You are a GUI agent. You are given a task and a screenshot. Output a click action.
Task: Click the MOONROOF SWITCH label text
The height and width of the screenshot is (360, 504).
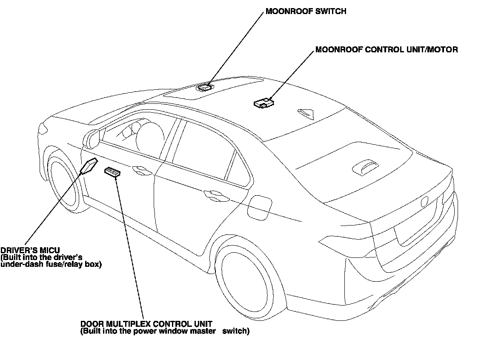point(306,12)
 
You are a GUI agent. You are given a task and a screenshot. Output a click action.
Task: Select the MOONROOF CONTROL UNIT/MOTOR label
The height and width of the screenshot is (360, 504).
point(387,50)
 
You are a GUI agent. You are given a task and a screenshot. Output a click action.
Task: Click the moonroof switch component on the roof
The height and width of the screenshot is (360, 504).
point(204,87)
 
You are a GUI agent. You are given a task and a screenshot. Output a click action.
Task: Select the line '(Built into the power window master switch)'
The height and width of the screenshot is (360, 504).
point(165,331)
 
